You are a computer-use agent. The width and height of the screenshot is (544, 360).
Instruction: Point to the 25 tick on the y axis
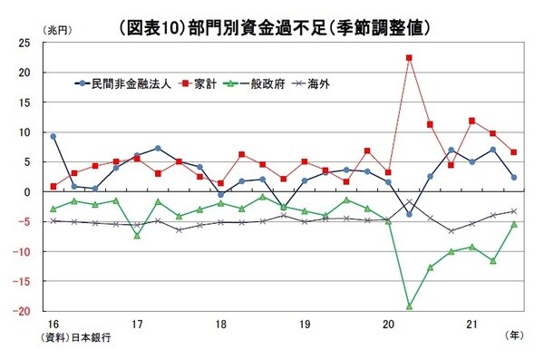tap(35, 43)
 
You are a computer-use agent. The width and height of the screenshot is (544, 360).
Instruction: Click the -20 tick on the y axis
tap(33, 310)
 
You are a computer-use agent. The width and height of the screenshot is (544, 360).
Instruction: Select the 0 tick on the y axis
tap(38, 191)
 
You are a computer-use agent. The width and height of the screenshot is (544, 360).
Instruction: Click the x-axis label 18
tap(220, 323)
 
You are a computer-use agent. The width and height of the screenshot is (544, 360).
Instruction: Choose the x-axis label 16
tap(53, 323)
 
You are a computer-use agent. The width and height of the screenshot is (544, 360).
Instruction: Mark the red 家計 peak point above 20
tap(409, 58)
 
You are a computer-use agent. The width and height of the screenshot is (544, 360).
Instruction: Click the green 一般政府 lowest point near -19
tap(409, 306)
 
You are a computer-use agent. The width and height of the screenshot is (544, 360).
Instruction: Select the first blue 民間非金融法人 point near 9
tap(53, 136)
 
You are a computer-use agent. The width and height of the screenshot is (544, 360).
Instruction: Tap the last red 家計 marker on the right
tap(514, 152)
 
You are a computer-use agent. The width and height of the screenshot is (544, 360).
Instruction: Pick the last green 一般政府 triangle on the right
tap(514, 224)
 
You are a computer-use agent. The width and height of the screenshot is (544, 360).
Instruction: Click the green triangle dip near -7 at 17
tap(137, 236)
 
